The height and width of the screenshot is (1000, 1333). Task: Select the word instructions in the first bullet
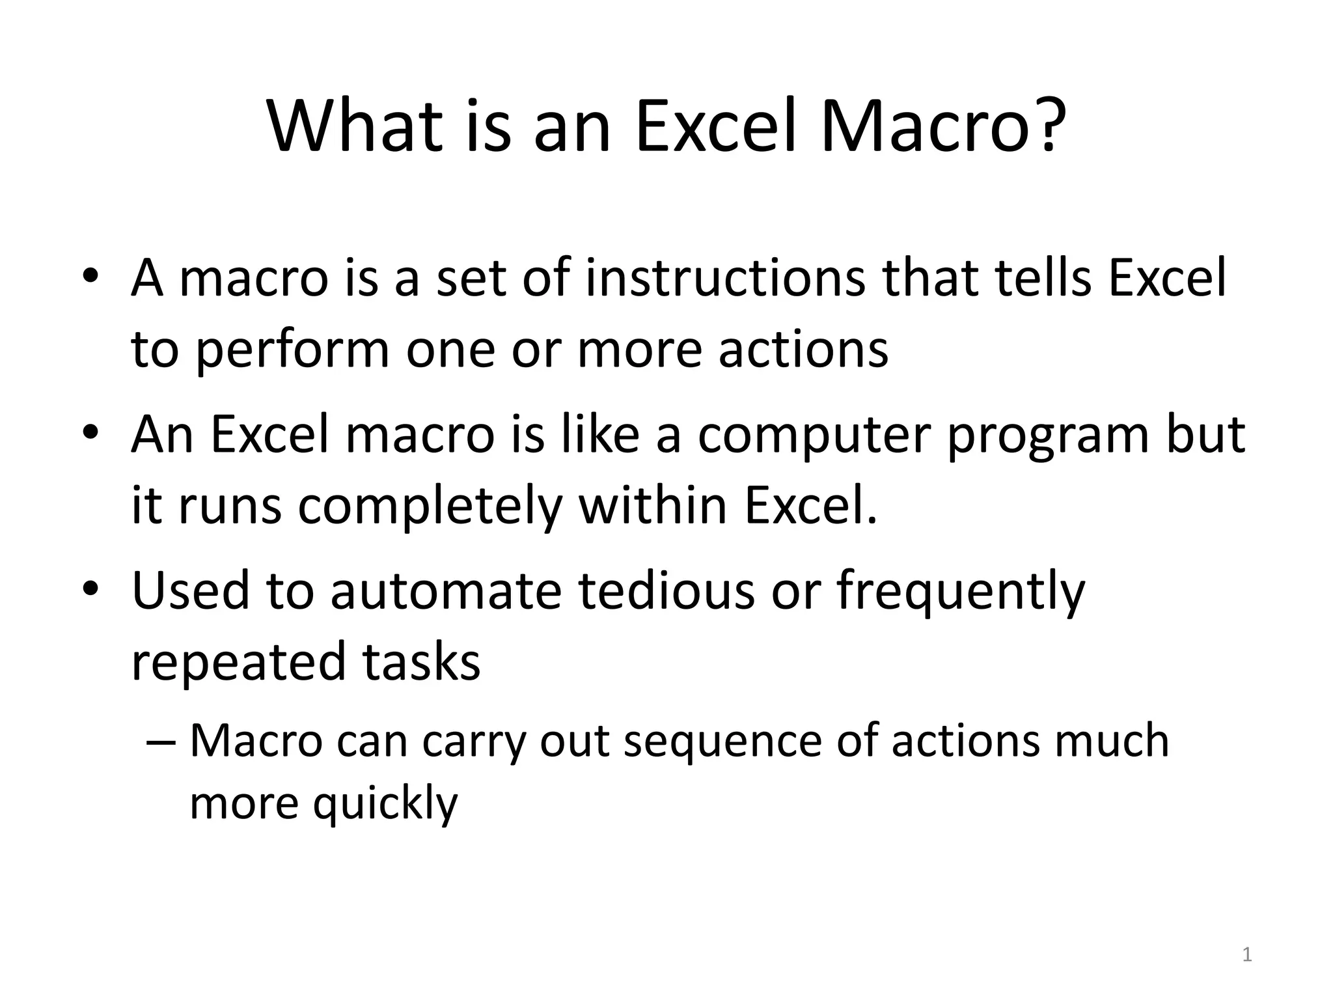pos(725,278)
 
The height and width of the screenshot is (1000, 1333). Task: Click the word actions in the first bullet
pos(803,349)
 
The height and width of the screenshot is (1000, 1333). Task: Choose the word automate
pos(446,591)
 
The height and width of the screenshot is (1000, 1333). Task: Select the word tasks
pos(421,661)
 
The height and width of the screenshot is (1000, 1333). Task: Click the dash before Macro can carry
pos(162,743)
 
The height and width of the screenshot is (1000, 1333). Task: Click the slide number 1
pos(1246,955)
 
